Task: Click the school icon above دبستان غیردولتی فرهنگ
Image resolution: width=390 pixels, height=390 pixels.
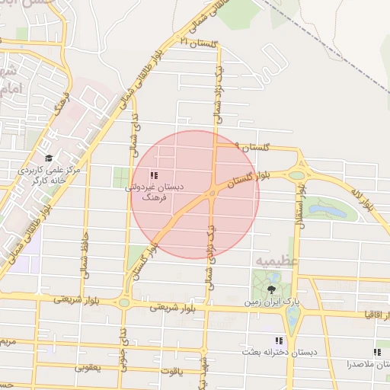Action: point(155,175)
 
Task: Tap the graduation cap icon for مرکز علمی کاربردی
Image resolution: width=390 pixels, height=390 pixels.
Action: point(49,158)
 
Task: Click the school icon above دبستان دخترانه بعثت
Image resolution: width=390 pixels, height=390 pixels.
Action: point(279,340)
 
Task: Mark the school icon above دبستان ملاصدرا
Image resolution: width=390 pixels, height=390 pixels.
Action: point(376,352)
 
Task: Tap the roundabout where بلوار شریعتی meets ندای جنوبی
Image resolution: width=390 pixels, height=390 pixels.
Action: point(123,302)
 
